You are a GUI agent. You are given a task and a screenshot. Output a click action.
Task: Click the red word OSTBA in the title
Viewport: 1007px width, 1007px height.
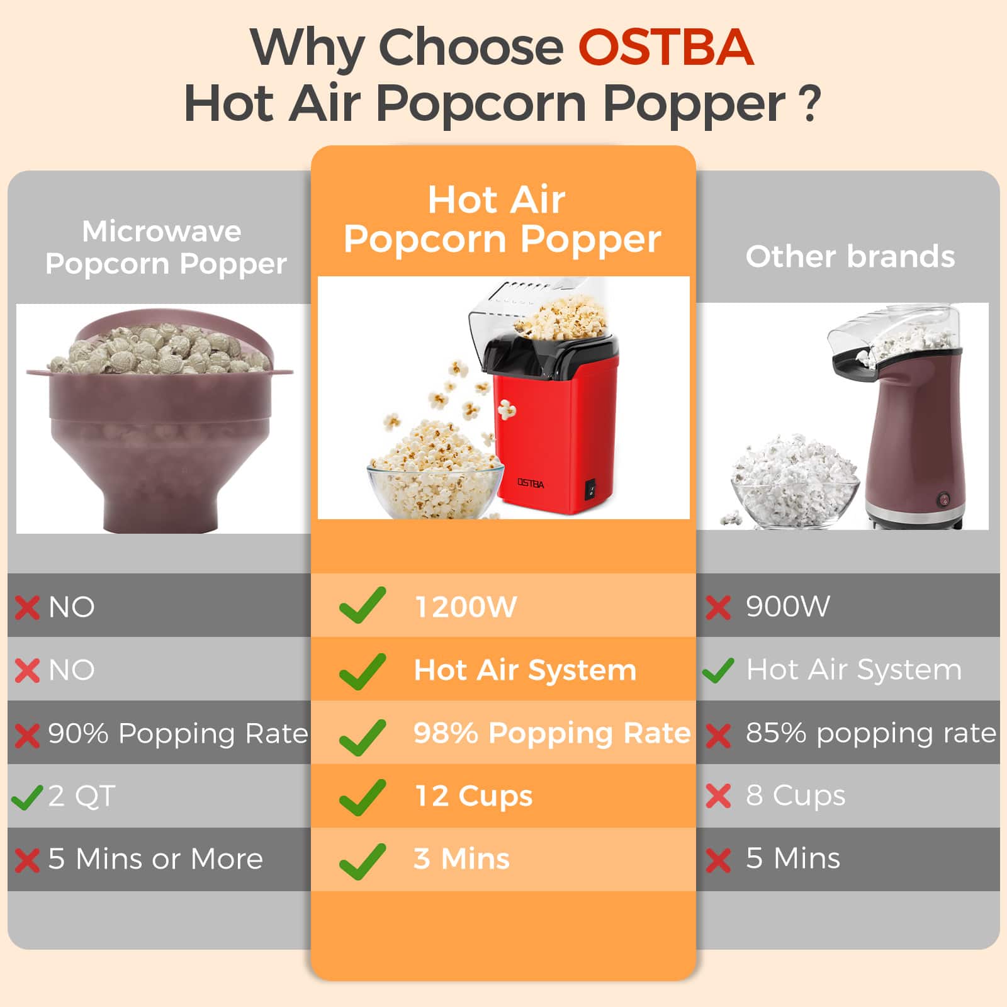pos(666,47)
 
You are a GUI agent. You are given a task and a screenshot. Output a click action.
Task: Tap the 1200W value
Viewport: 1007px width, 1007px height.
pos(466,607)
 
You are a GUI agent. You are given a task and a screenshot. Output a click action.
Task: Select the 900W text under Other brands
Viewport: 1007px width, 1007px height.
pos(787,606)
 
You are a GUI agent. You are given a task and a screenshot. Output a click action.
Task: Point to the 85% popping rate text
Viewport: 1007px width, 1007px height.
pos(871,733)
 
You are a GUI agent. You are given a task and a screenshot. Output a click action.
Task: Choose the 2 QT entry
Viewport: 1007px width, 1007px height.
pos(82,796)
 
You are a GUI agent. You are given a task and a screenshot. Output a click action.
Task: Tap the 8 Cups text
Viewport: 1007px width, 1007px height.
pos(796,796)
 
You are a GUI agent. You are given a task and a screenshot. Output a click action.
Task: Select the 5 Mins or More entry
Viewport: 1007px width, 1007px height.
pos(155,859)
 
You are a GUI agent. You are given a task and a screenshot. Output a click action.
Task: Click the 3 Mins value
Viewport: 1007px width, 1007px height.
pos(461,859)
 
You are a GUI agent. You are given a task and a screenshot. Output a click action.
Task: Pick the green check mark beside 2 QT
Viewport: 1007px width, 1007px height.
pos(27,797)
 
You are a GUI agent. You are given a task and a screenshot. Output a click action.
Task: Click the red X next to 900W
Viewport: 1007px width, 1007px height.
pos(718,608)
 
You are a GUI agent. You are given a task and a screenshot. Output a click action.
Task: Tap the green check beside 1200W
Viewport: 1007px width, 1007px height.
pos(362,605)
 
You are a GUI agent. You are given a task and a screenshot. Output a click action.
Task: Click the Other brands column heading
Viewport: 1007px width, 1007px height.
pos(850,257)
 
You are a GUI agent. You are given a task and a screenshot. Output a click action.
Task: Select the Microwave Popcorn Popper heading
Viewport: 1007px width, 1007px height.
pos(166,248)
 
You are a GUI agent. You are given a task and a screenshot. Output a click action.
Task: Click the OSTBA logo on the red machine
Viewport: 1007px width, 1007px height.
pos(531,483)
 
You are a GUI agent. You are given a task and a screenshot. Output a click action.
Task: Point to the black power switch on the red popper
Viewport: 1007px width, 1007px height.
pos(590,489)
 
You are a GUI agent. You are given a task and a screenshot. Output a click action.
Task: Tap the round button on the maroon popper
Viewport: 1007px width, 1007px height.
pos(943,500)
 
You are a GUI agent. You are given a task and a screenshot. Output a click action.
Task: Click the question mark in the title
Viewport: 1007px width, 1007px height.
pos(812,104)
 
